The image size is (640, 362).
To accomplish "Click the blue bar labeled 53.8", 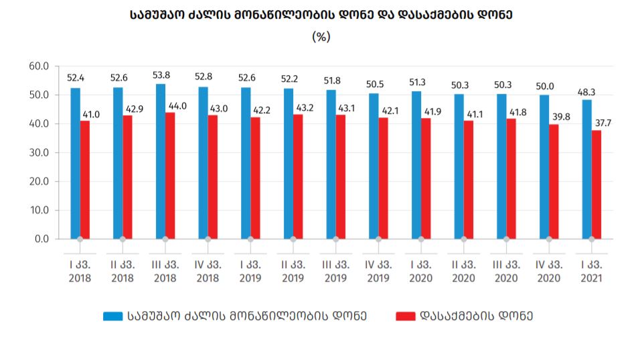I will [160, 161].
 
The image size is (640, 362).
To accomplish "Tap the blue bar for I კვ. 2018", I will [75, 163].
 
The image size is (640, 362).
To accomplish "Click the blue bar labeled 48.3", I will [587, 169].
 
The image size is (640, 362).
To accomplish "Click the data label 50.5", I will [376, 84].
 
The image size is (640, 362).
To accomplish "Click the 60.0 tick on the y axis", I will [38, 66].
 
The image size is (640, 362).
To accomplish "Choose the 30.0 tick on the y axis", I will [38, 153].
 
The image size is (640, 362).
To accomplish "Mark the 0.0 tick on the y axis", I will [41, 239].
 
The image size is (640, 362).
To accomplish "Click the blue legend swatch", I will [111, 316].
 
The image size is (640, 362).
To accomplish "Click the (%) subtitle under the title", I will [321, 38].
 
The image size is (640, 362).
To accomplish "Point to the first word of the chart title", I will [161, 14].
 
